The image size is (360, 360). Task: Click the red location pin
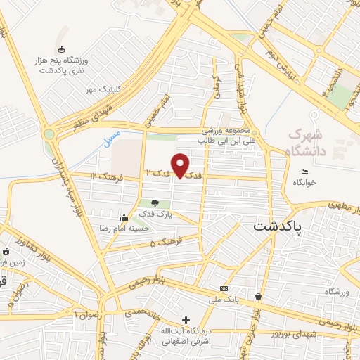coord(181,165)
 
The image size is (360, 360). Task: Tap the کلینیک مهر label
coord(100,90)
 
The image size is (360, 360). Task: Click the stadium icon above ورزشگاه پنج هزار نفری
coord(61,49)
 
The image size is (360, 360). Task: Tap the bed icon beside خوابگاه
coord(304,172)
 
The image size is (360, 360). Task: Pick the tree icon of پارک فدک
coord(155,204)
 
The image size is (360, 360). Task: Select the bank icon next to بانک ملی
coord(224,288)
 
